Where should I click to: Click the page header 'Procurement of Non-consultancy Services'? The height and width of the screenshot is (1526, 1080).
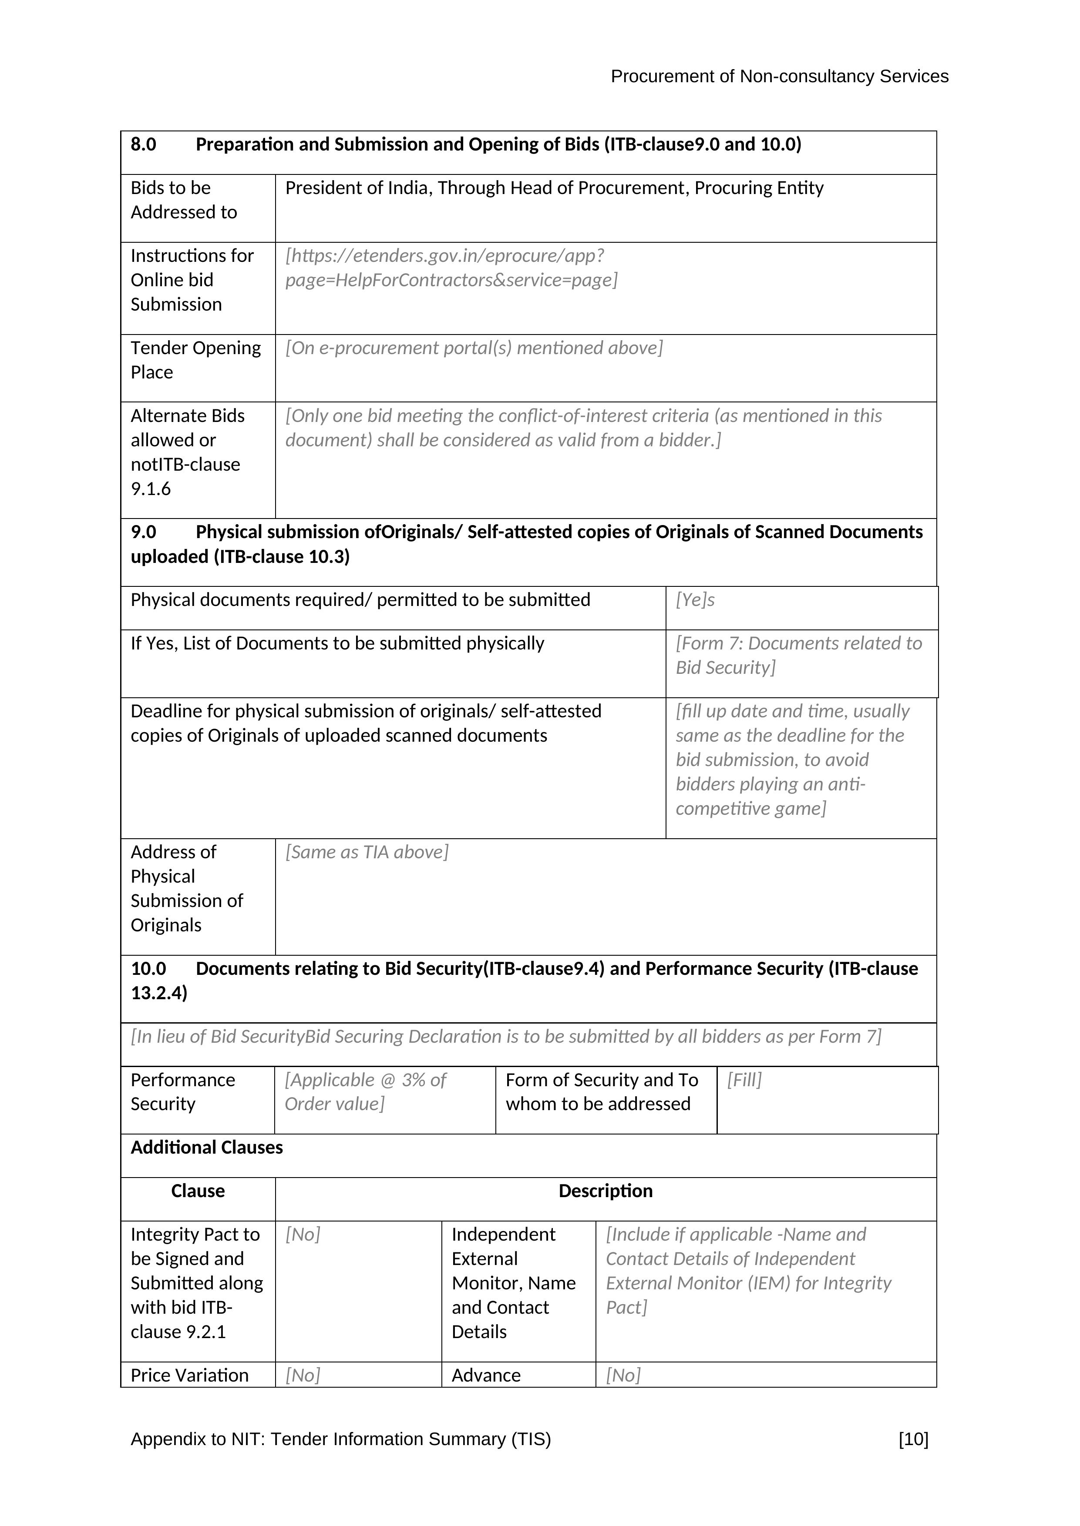tap(779, 77)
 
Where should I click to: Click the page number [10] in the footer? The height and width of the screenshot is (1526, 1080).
tap(913, 1439)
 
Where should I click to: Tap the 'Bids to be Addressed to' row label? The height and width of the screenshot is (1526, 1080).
tap(184, 200)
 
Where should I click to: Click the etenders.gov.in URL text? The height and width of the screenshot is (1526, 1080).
tap(451, 268)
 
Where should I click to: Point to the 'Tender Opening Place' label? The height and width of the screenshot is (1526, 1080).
tap(195, 360)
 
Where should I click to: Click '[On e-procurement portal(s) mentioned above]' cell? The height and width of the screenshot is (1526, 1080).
tap(474, 348)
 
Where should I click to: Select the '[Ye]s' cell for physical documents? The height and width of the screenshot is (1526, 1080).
tap(695, 600)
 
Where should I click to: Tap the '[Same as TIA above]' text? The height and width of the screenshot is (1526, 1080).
tap(367, 852)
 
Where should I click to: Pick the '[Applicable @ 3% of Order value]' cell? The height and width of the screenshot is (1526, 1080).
tap(365, 1091)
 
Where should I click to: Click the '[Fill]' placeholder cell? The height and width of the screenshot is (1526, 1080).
tap(744, 1080)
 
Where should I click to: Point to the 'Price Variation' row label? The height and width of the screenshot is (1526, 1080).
tap(189, 1375)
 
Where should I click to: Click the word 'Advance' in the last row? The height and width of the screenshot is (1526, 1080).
tap(486, 1375)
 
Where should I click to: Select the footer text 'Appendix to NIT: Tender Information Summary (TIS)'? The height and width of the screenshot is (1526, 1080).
tap(340, 1439)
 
